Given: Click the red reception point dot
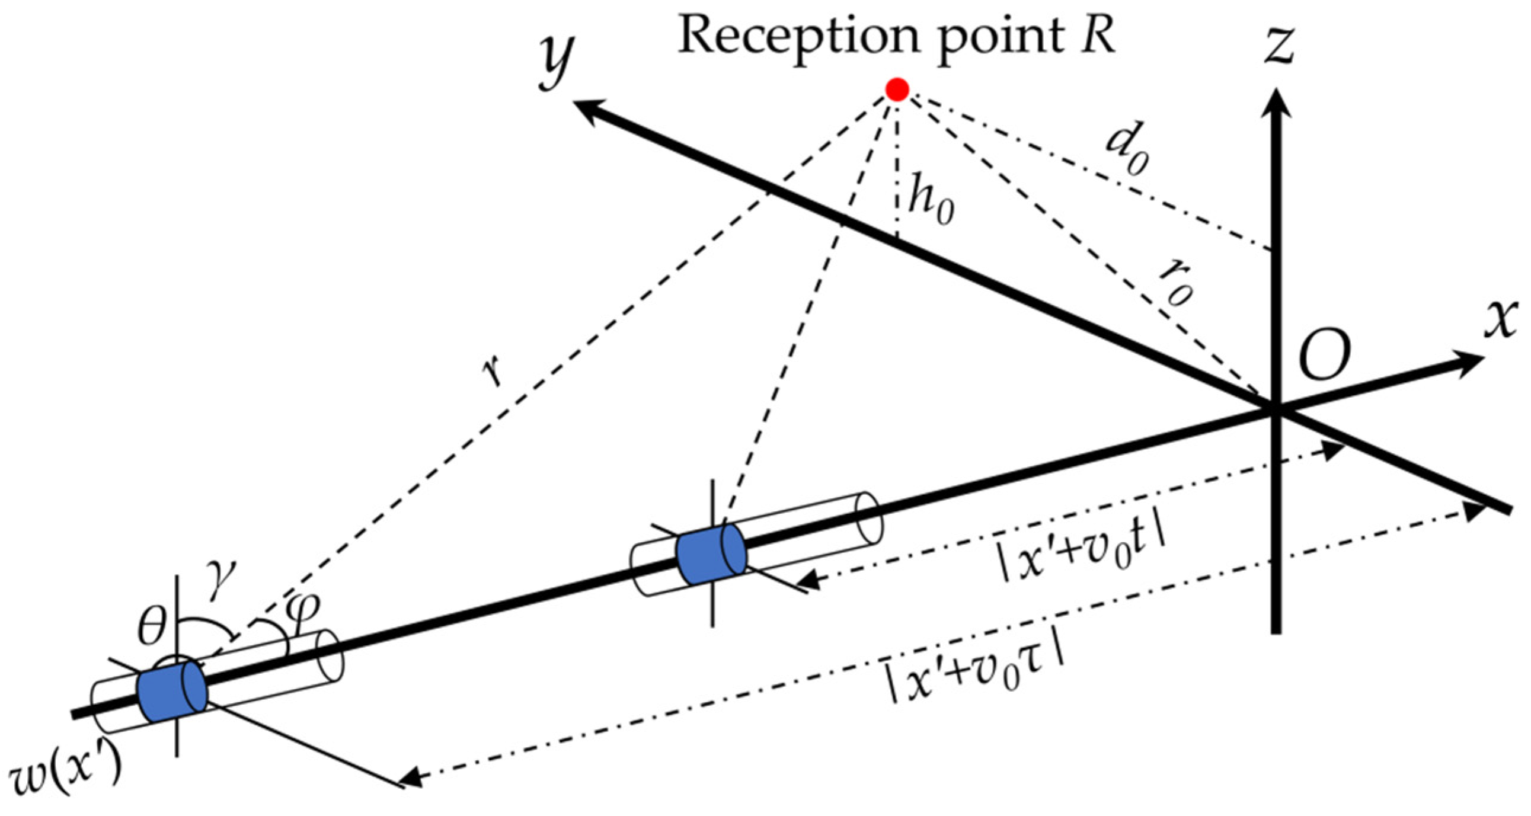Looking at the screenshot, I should (896, 89).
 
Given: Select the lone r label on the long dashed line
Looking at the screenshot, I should (493, 372).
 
